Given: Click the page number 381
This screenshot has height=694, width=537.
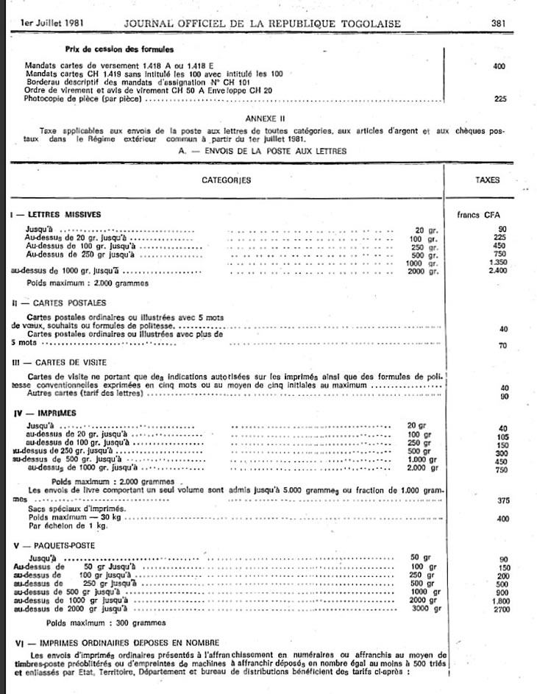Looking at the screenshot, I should [498, 24].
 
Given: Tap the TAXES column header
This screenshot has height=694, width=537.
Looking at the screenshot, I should [488, 180].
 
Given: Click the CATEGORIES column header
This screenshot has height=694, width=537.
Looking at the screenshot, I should [226, 180].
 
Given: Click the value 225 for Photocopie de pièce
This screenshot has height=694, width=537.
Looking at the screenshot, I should [500, 98].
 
